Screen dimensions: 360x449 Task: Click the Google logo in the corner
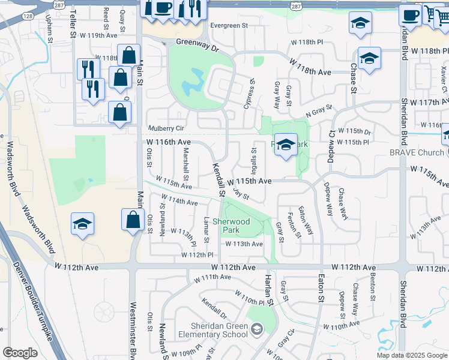pyautogui.click(x=20, y=353)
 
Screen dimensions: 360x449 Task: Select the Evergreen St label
pyautogui.click(x=229, y=26)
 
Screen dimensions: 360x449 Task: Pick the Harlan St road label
pyautogui.click(x=269, y=290)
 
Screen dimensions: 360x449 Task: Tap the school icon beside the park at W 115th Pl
pyautogui.click(x=286, y=145)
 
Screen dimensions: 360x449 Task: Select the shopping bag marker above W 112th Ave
pyautogui.click(x=132, y=220)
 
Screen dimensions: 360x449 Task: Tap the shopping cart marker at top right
pyautogui.click(x=433, y=13)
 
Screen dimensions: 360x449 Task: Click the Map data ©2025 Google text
pyautogui.click(x=411, y=355)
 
